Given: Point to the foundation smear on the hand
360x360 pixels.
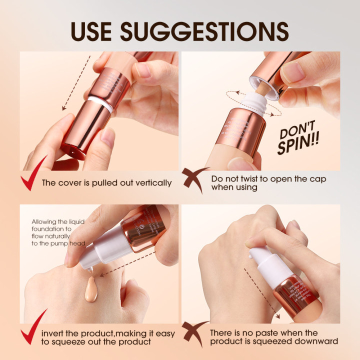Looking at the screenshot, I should pyautogui.click(x=91, y=289).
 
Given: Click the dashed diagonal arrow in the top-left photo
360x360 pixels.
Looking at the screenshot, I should pyautogui.click(x=75, y=82).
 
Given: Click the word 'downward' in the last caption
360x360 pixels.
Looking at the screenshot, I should pyautogui.click(x=316, y=341).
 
